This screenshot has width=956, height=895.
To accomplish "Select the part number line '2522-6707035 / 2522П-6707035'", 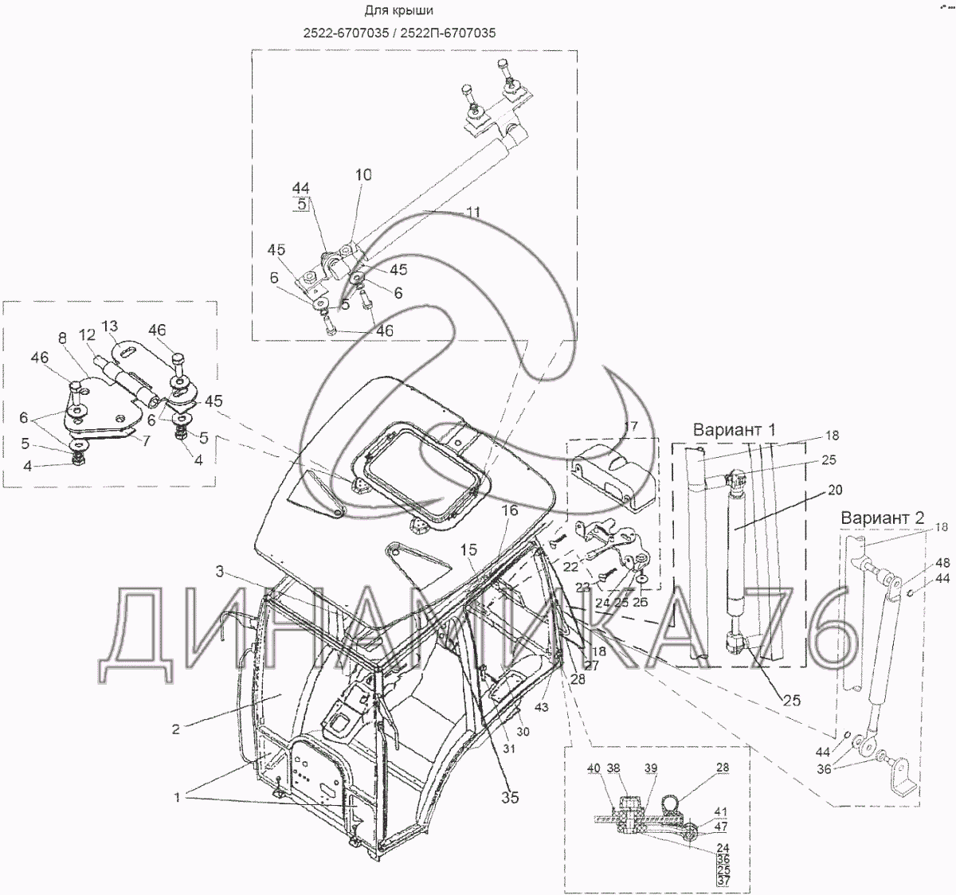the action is [409, 33].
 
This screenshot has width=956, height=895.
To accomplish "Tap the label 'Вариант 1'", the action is [734, 430].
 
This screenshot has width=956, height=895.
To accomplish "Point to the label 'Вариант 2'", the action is [882, 518].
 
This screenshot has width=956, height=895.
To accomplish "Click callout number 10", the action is [362, 174].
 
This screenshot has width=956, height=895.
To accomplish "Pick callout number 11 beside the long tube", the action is [473, 213].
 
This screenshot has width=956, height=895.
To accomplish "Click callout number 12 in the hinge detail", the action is [88, 336].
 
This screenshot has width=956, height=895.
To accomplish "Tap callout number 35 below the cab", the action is [510, 796].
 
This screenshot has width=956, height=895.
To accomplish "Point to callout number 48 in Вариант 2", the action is [942, 562].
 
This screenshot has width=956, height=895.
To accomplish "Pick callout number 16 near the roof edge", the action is [509, 510].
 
